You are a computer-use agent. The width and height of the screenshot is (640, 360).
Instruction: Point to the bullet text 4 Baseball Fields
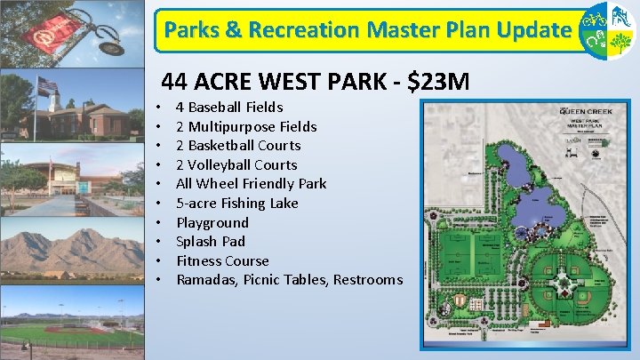(229, 107)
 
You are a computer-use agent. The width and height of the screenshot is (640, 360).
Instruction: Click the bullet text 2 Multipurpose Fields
(246, 126)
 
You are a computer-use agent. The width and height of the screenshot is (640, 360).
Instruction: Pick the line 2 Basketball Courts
(238, 145)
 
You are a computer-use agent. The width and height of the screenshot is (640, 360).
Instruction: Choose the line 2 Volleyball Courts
(236, 164)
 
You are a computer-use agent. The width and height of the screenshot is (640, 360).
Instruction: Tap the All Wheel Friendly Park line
(251, 183)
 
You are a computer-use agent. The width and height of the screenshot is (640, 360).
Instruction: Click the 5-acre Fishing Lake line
(236, 203)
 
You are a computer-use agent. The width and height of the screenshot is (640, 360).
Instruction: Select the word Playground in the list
(212, 222)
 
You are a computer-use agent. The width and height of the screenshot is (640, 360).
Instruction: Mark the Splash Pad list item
(211, 241)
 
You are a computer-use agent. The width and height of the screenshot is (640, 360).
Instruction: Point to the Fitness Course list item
(222, 260)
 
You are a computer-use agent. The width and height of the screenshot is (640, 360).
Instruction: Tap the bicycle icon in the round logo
(596, 19)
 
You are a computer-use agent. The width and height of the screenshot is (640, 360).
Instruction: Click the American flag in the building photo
(46, 86)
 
